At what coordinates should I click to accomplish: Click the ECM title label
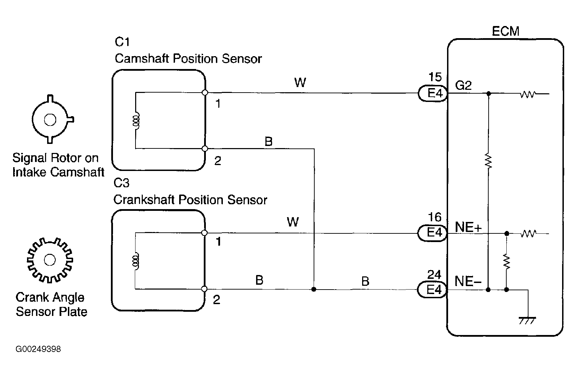tap(506, 31)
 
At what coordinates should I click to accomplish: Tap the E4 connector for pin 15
tap(432, 93)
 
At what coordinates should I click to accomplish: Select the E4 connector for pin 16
tap(432, 233)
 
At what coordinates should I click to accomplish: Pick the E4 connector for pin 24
tap(432, 289)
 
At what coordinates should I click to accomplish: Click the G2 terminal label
tap(463, 85)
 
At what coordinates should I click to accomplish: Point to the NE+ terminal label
tap(468, 227)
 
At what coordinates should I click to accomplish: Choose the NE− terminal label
tap(468, 281)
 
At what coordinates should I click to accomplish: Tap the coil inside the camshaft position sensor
tap(137, 121)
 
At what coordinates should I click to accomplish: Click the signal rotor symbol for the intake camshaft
tap(51, 120)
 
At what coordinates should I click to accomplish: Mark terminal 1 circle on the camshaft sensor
tap(205, 93)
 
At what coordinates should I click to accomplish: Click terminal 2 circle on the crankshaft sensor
tap(204, 289)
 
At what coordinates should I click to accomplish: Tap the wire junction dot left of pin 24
tap(314, 289)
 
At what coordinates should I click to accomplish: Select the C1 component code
tap(122, 42)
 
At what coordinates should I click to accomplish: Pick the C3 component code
tap(121, 183)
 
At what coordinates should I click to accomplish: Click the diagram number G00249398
tap(38, 349)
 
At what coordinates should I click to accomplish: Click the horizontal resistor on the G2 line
tap(527, 94)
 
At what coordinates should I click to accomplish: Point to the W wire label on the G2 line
tap(300, 83)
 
